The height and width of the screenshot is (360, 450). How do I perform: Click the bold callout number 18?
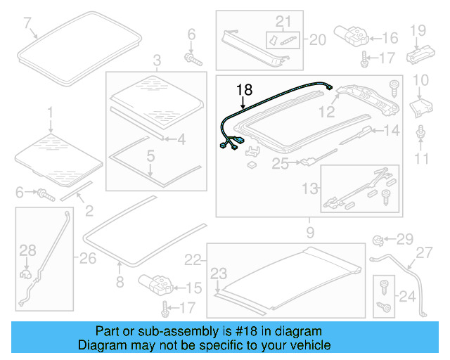coord(243,89)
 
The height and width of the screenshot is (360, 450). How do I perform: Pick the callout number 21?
coord(283,21)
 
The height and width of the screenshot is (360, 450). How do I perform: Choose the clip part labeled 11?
coord(420,134)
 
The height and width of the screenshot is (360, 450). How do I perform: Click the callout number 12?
coord(325,111)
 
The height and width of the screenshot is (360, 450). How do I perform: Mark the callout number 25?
coord(281,165)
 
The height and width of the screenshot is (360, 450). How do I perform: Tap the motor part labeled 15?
coord(157,285)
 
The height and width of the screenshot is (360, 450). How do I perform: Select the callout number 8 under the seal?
coord(119,283)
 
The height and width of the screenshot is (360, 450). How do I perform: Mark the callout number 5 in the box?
coord(149,168)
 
